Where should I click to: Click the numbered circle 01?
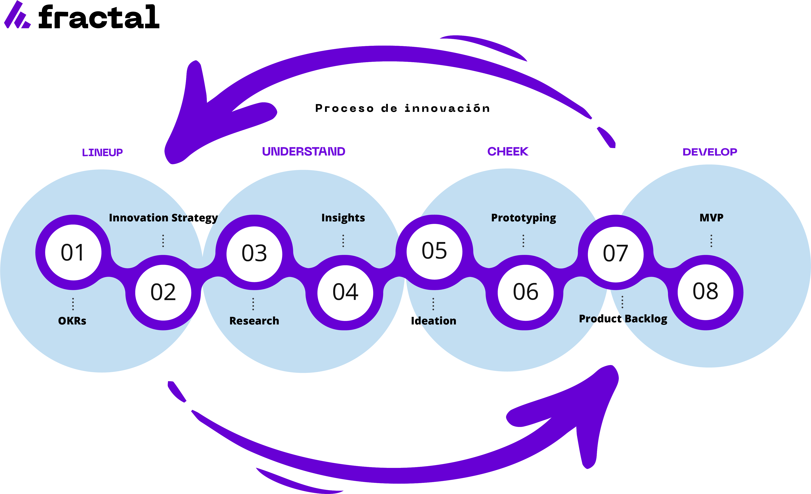(73, 252)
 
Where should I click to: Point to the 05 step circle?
(434, 251)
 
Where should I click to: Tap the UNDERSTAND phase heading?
(304, 152)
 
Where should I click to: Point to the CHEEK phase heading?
(508, 152)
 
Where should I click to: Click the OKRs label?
(72, 321)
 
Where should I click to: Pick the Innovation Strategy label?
(163, 218)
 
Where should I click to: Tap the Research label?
(254, 321)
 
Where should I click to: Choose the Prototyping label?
(523, 218)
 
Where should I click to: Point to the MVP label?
(711, 218)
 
